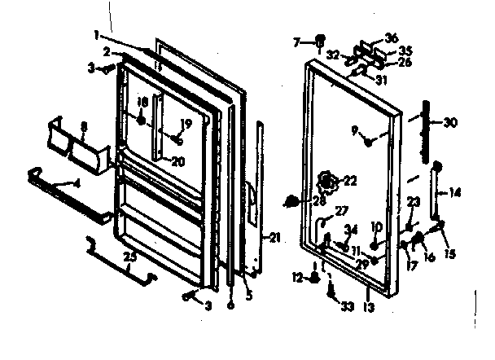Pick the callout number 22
351,180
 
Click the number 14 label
454,193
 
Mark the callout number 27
341,209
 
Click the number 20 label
177,160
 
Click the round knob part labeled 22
327,179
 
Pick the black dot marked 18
142,121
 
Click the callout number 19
186,124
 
